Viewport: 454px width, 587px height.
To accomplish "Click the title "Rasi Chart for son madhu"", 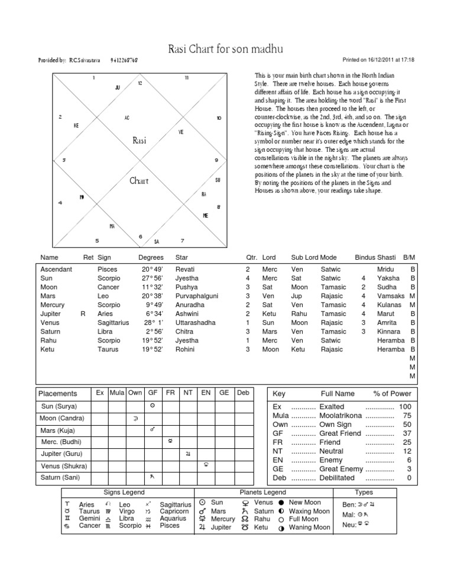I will (x=226, y=47).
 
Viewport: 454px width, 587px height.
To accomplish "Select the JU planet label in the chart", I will (x=117, y=87).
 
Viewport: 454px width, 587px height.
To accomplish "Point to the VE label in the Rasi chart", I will (x=181, y=132).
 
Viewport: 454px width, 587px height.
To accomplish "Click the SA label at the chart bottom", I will (x=157, y=241).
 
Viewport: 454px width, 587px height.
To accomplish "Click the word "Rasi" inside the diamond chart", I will (x=139, y=141).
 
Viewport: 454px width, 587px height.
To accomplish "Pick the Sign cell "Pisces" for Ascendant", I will (x=107, y=269).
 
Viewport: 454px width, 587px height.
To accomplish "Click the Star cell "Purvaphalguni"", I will (x=197, y=295).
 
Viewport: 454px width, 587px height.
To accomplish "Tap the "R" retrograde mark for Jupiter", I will (x=83, y=314).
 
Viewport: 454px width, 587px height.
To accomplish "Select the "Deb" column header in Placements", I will (x=243, y=392).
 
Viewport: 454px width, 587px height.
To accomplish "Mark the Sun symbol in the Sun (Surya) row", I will (x=153, y=406).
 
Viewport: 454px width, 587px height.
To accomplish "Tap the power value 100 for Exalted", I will (x=405, y=407).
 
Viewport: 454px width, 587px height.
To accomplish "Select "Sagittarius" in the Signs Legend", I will (x=176, y=504).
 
